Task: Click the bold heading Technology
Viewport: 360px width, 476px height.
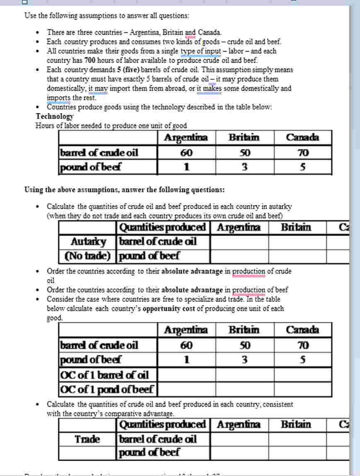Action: coord(54,117)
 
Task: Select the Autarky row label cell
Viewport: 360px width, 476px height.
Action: coord(88,241)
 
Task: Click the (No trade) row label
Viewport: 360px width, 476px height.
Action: coord(88,256)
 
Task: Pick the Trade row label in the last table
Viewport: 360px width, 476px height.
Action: coord(88,439)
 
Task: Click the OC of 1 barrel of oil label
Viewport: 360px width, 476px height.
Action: coord(105,375)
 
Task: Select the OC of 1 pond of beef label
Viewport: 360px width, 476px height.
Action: coord(107,390)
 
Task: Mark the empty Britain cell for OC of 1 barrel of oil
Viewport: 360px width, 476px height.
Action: coord(244,375)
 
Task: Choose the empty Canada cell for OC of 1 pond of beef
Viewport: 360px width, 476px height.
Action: coord(303,390)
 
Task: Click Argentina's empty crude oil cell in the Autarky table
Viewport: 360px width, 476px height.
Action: coord(239,241)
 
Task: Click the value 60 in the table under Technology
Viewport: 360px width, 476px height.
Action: coord(186,153)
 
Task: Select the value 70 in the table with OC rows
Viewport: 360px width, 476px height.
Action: coord(303,345)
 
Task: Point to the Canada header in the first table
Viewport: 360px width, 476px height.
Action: coord(303,138)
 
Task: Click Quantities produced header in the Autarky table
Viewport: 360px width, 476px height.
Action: coord(163,227)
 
